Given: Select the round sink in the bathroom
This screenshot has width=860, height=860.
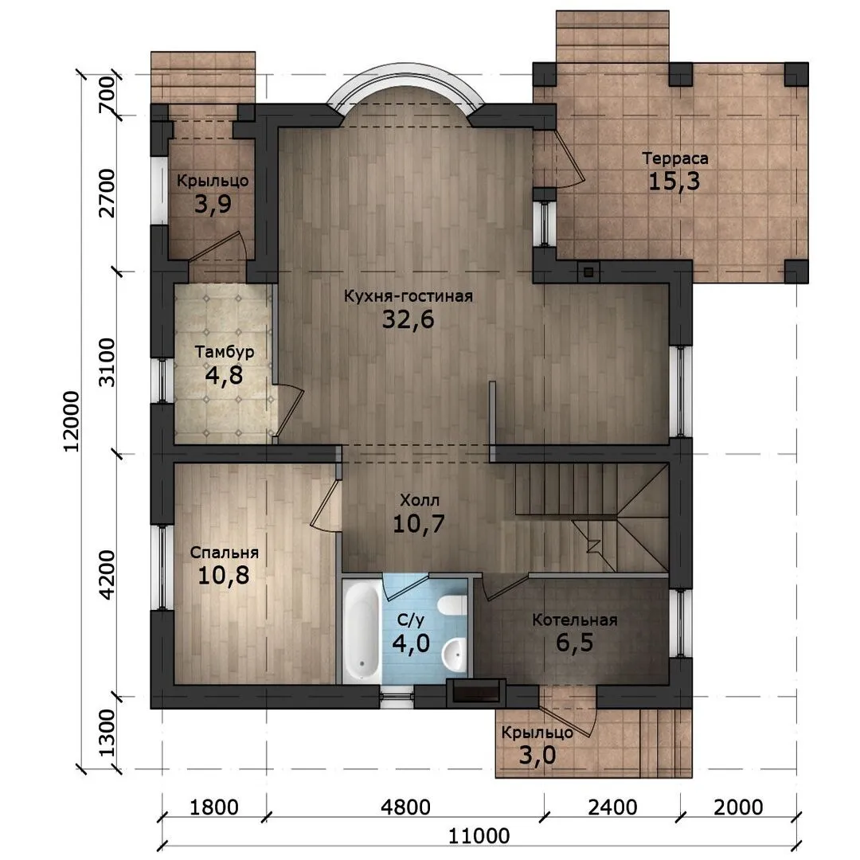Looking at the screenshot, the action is click(455, 654).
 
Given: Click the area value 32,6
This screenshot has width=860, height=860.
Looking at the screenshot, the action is click(408, 319).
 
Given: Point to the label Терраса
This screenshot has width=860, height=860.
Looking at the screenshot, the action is click(675, 158).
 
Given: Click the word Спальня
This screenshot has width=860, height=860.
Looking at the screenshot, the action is click(225, 553).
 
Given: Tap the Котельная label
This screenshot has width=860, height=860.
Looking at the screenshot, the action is click(575, 620).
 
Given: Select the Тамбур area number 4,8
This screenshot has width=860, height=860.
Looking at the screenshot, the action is click(224, 376).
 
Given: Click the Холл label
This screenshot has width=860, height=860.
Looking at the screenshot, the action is click(420, 500).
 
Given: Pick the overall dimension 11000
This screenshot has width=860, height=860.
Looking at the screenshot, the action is click(479, 836).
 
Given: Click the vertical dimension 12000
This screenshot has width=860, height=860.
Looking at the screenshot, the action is click(72, 421).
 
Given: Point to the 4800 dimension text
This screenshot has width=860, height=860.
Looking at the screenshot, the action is click(406, 807).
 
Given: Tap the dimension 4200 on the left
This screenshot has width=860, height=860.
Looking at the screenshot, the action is click(107, 574).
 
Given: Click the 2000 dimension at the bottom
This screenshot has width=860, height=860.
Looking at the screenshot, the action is click(738, 807).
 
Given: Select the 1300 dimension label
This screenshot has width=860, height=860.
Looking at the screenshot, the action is click(107, 733).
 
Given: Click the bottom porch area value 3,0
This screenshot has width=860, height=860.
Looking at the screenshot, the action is click(537, 755).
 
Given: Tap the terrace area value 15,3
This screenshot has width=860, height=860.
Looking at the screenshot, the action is click(674, 181).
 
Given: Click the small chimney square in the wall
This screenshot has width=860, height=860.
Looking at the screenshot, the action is click(588, 272).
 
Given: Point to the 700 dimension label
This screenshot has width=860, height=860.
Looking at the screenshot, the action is click(107, 95).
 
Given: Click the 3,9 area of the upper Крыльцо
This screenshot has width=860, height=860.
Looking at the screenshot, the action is click(213, 204).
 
